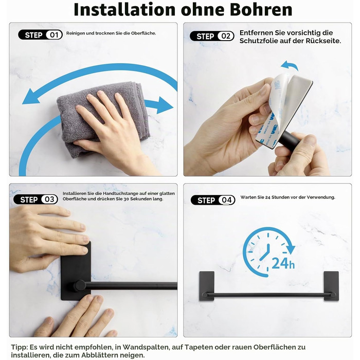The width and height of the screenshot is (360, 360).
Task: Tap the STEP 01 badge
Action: tap(40, 34)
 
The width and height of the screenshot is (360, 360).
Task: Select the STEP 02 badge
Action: tap(212, 36)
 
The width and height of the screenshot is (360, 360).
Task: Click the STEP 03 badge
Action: tap(35, 200)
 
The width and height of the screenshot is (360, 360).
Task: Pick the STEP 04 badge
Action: tap(213, 200)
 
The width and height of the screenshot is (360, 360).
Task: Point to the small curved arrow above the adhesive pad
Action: tap(289, 66)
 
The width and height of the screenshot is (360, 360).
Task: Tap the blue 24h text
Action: tap(283, 263)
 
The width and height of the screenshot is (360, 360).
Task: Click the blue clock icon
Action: tap(267, 251)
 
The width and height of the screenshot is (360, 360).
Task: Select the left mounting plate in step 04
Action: tap(207, 286)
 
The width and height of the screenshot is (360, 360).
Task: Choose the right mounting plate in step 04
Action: tap(331, 286)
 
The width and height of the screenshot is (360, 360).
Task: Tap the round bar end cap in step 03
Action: tap(80, 286)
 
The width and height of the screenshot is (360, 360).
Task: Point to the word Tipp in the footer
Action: tap(19, 347)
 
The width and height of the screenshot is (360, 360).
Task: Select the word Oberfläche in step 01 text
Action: tap(143, 33)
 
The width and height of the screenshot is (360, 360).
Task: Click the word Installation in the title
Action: tap(124, 10)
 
